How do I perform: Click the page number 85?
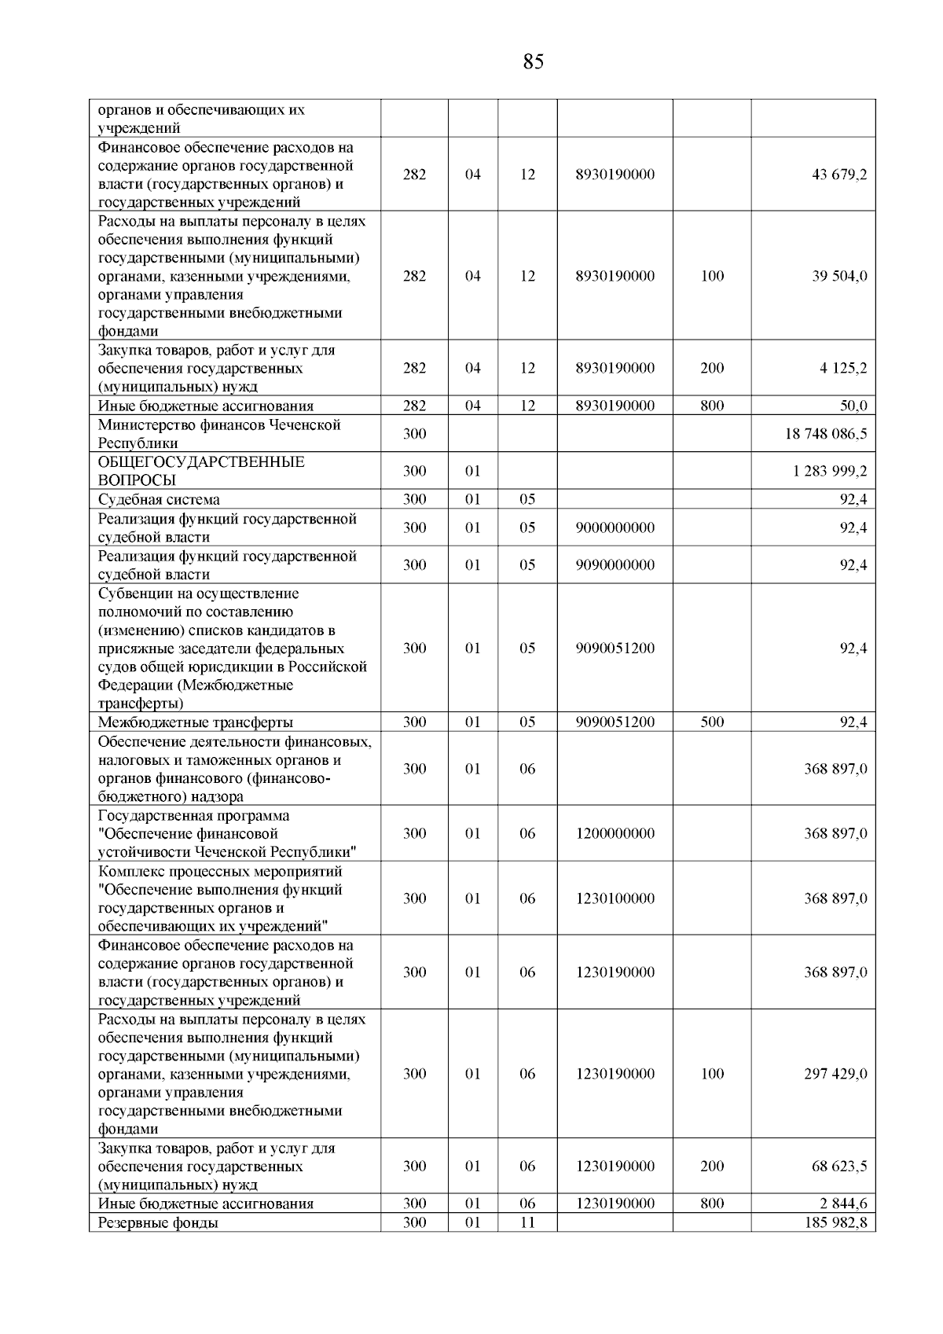point(533,62)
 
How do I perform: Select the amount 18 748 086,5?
point(825,434)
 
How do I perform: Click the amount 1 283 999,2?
point(831,471)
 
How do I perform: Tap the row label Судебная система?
point(159,499)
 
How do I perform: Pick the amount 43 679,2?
point(839,175)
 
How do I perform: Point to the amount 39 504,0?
point(839,276)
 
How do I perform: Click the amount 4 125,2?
point(843,368)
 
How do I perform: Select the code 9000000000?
point(615,527)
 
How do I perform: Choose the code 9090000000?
point(615,564)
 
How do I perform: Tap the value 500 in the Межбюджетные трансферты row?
point(712,722)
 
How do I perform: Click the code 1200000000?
point(615,833)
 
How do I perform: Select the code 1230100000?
point(615,899)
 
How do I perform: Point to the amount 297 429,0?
point(835,1074)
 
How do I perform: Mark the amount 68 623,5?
point(839,1166)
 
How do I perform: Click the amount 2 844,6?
point(843,1204)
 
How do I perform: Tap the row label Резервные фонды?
point(158,1222)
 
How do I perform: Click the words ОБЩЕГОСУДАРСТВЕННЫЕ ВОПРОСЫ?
point(201,471)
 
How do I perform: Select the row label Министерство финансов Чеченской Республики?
point(219,434)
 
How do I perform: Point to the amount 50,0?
point(853,406)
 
